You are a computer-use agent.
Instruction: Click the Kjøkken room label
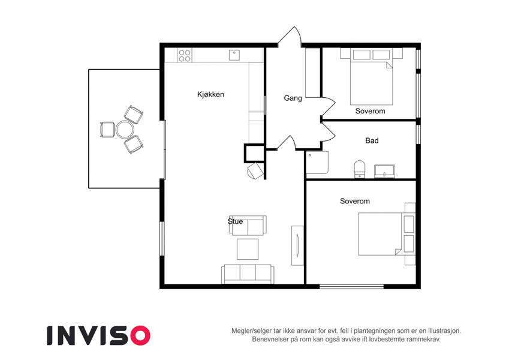[210, 95]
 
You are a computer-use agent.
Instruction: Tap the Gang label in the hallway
[293, 98]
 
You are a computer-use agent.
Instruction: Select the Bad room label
[372, 140]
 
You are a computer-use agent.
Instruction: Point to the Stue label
[236, 221]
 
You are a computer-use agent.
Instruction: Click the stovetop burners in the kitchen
[185, 56]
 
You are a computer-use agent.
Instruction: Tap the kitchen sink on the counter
[234, 55]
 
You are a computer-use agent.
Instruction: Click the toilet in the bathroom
[359, 169]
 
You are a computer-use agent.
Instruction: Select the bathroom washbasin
[384, 171]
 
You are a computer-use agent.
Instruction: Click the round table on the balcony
[125, 130]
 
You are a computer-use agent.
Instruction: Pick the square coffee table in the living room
[248, 249]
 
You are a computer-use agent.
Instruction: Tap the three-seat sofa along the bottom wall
[248, 274]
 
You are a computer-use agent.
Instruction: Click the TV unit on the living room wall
[297, 245]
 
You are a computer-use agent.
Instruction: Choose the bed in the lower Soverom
[387, 234]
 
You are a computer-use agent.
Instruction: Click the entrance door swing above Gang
[290, 36]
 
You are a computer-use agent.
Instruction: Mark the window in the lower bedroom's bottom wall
[351, 287]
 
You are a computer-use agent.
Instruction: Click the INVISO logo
[99, 335]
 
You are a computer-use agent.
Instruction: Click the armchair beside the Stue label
[248, 225]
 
